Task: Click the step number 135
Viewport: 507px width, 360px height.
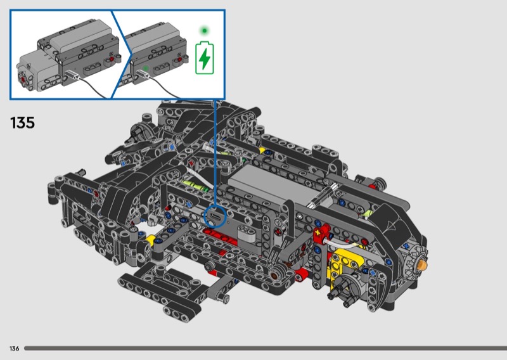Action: click(22, 123)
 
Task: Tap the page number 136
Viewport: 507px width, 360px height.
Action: click(14, 349)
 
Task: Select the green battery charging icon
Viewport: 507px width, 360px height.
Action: click(204, 58)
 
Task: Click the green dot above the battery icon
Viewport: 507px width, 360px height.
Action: click(204, 31)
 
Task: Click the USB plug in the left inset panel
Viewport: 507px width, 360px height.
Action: click(72, 75)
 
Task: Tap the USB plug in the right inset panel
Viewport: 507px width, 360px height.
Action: click(142, 74)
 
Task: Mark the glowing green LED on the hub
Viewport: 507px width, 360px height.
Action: click(146, 68)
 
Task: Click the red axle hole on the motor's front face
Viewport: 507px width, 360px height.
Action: click(23, 79)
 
